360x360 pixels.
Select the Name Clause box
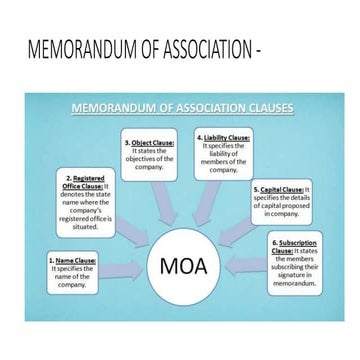coord(71,272)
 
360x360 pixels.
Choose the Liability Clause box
coord(223,153)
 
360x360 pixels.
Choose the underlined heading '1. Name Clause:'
coord(72,261)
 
